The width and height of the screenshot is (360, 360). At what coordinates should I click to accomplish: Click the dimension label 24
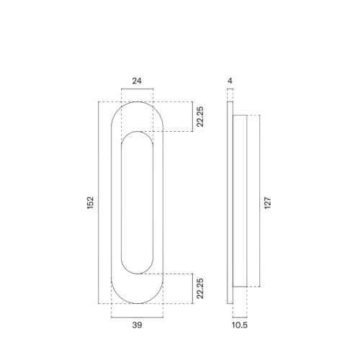[x=137, y=81]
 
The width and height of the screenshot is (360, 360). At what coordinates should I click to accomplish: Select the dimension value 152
[x=90, y=202]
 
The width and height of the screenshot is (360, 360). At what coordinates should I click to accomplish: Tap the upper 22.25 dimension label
[x=200, y=117]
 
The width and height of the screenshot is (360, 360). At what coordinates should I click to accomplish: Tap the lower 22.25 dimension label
[x=200, y=289]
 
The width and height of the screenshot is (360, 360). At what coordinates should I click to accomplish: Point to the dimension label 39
[x=137, y=325]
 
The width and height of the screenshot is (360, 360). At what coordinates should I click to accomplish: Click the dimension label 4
[x=230, y=81]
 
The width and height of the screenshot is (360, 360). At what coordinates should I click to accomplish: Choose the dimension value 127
[x=268, y=203]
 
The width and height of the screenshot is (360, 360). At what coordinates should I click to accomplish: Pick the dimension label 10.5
[x=240, y=325]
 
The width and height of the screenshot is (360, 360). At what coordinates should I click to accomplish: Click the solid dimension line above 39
[x=137, y=318]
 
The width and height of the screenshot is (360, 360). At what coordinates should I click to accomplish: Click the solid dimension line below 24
[x=137, y=89]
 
